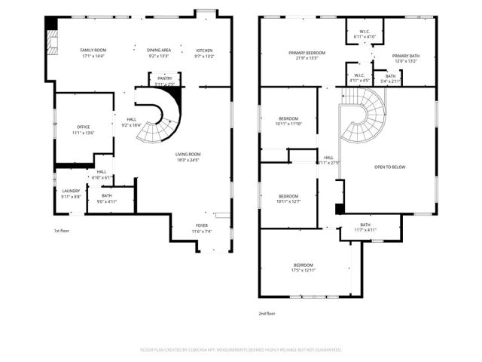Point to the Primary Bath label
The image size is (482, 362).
click(405, 58)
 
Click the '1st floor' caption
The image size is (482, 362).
click(63, 230)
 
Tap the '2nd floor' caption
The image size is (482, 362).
click(267, 312)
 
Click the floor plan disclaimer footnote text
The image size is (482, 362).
click(241, 350)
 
